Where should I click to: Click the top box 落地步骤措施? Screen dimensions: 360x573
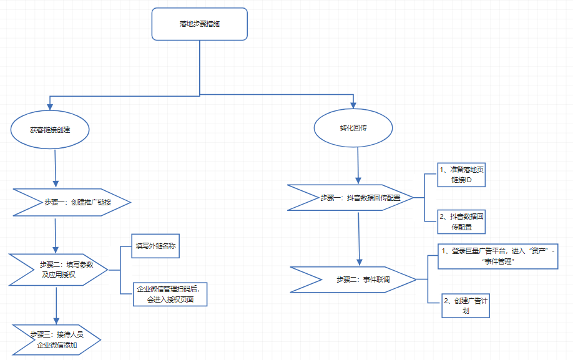pos(199,24)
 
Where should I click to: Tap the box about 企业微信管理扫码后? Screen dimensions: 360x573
pos(169,293)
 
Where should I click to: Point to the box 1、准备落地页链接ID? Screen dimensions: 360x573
pos(462,174)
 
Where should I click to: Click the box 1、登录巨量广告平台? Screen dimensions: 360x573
pos(497,256)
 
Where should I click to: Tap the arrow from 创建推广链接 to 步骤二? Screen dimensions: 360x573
pos(56,235)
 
